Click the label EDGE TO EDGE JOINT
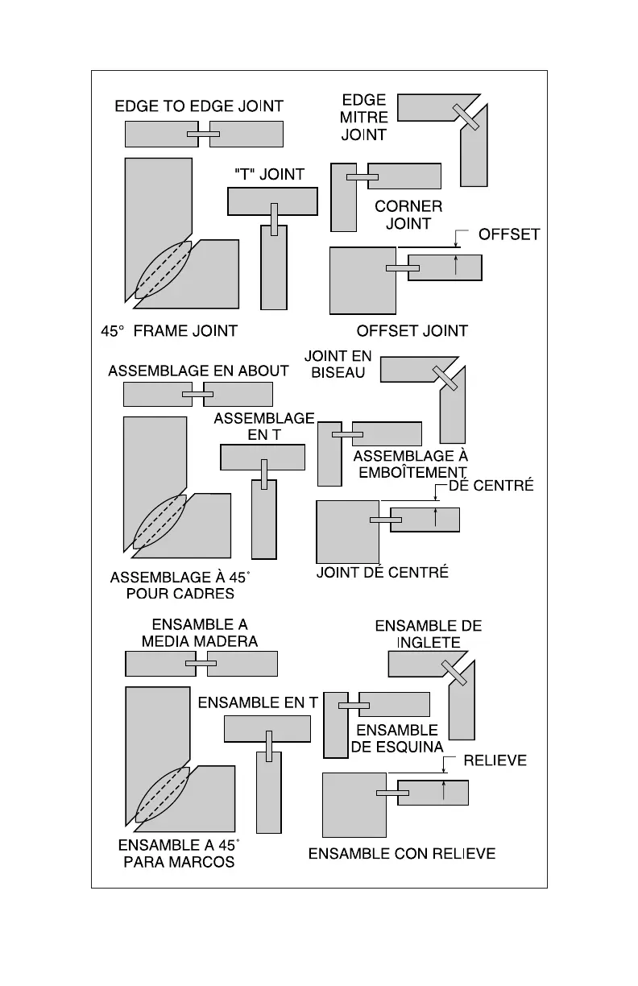coord(199,106)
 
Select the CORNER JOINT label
coord(408,215)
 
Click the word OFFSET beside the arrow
coord(509,234)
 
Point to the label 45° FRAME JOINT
coord(168,330)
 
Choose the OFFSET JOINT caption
coord(412,330)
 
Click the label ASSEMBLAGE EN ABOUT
coord(198,371)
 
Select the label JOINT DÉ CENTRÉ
coord(382,573)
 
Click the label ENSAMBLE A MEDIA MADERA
coord(200,633)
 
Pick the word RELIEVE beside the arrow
coord(495,760)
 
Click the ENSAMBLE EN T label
coord(258,702)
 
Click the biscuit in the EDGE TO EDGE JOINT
coord(204,134)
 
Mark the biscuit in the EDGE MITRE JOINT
coord(466,117)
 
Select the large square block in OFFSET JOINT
coord(362,280)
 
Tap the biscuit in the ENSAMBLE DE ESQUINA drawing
coord(354,706)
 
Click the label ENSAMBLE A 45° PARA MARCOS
coord(179,854)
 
